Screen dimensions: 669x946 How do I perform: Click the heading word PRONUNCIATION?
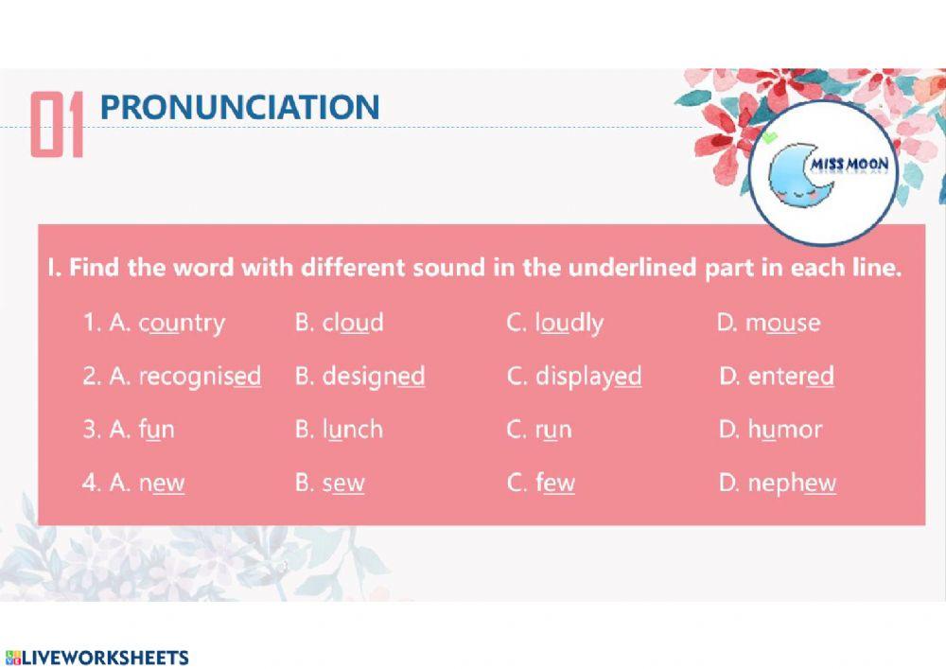239,107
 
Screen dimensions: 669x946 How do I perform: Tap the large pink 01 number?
58,124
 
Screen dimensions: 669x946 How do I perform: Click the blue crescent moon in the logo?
793,179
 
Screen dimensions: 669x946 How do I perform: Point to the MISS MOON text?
850,165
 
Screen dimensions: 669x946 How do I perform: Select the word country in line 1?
183,323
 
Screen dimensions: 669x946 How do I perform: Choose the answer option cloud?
353,323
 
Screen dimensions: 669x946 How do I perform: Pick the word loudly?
569,323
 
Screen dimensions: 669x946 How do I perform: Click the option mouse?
783,323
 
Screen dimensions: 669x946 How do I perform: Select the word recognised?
200,377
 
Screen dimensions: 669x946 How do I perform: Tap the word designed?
374,377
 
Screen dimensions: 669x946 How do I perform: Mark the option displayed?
588,377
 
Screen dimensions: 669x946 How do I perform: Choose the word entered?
791,377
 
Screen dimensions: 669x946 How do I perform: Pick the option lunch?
353,430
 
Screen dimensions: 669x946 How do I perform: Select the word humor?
785,430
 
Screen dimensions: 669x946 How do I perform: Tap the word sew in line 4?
343,484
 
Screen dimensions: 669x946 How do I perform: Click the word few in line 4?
555,484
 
